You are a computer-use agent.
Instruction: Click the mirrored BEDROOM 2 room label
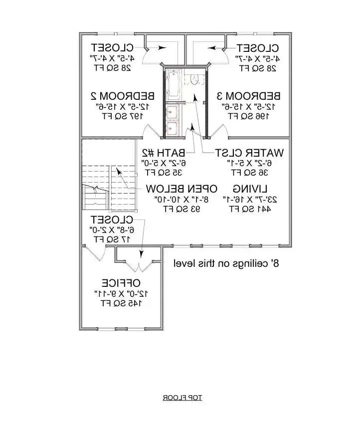click(122, 95)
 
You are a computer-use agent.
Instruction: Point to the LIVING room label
click(250, 189)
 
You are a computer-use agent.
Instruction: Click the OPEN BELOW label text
click(181, 189)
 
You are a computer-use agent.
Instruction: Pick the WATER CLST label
click(249, 152)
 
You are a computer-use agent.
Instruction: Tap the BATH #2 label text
click(164, 152)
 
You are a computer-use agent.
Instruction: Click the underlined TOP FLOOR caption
click(181, 398)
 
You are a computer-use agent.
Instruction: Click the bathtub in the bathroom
click(174, 84)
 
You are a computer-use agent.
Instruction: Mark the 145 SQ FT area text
click(122, 303)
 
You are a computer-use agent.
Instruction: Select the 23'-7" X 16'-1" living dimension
click(251, 199)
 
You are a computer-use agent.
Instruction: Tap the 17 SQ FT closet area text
click(112, 239)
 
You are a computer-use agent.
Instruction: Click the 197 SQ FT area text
click(123, 116)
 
